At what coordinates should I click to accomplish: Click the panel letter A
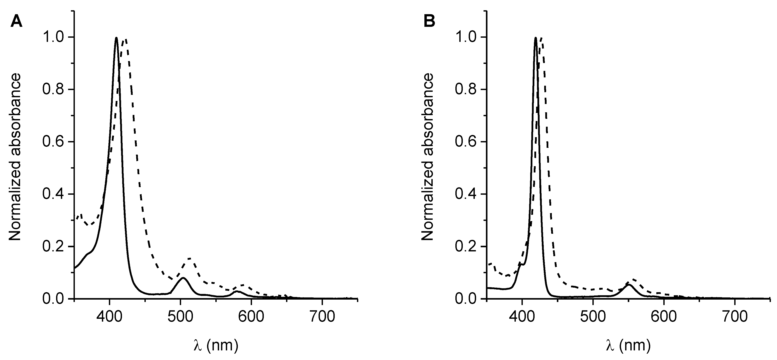[x=16, y=22]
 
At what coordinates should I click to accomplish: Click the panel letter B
[x=430, y=22]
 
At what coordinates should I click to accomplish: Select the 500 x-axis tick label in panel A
[x=180, y=317]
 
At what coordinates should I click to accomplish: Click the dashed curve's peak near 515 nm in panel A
[x=190, y=258]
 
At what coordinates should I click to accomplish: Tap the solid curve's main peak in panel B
[x=535, y=38]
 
